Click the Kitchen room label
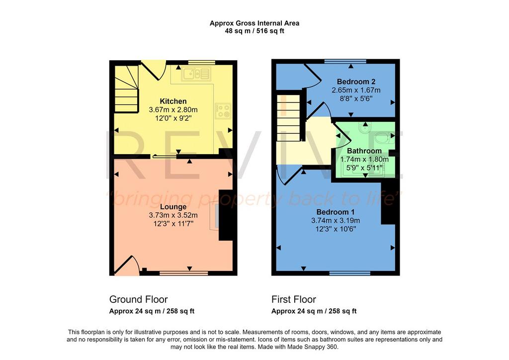point(173,101)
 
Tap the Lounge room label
point(173,207)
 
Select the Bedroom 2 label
point(356,82)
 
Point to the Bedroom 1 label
point(336,212)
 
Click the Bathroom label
point(364,151)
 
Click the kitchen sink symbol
point(196,74)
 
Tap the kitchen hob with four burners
point(223,111)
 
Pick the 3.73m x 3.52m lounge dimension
point(173,215)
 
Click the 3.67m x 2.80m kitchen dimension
point(173,110)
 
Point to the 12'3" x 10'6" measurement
point(336,229)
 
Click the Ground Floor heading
point(138,299)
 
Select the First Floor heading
point(294,299)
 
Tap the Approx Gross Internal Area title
point(254,23)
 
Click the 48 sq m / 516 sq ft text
point(254,31)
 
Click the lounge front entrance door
point(127,266)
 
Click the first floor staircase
point(288,118)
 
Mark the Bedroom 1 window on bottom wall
point(350,273)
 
